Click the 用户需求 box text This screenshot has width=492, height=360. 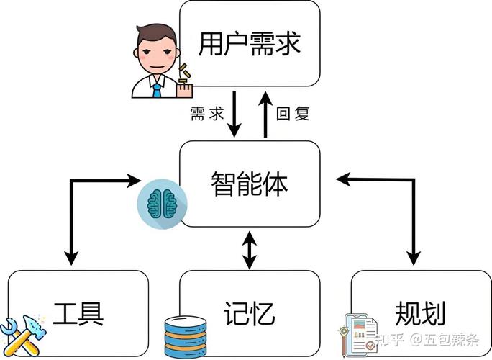(249, 44)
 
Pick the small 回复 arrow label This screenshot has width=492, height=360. (293, 114)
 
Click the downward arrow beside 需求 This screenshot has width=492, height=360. (234, 115)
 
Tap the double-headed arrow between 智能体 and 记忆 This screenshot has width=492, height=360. (249, 248)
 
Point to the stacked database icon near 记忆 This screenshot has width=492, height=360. (185, 334)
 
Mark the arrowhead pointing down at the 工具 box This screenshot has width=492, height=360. (70, 256)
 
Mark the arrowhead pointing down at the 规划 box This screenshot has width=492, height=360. (414, 256)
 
